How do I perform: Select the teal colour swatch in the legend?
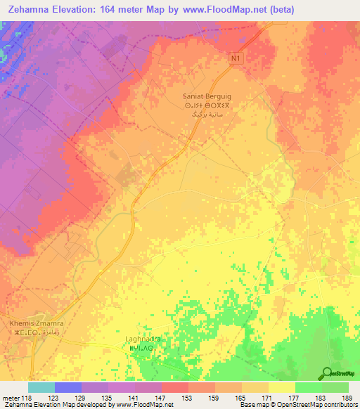[41, 387]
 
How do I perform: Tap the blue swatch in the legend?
[68, 387]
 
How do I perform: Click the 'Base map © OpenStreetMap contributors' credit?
[296, 405]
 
